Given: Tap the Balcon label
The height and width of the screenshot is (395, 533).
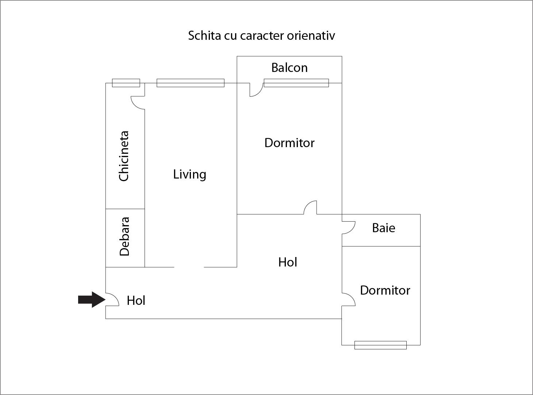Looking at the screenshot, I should (x=289, y=68).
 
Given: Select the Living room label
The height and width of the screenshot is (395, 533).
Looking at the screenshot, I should (x=189, y=175).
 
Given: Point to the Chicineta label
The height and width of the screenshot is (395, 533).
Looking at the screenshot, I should (x=124, y=156).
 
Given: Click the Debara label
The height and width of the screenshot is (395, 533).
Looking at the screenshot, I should (x=124, y=237).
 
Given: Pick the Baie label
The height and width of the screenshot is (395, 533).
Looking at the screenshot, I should (x=383, y=228).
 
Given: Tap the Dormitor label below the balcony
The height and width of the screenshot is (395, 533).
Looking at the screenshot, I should (x=289, y=143).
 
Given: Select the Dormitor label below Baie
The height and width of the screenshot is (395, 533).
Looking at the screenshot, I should (x=385, y=290).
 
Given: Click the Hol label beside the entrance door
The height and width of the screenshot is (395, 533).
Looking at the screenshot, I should (x=136, y=300).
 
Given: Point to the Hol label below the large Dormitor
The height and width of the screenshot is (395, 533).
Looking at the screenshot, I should (x=287, y=262).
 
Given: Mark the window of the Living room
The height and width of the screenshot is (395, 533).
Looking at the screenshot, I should (x=190, y=83).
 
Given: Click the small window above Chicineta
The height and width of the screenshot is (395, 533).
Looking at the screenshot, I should (x=126, y=83).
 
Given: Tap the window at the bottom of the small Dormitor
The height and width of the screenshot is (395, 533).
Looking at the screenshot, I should (x=380, y=345).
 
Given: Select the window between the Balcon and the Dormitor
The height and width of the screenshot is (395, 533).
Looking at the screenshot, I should (x=296, y=83).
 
